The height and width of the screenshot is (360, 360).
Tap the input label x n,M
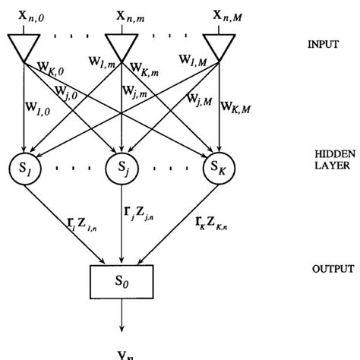220,13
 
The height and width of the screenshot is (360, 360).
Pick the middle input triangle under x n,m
122,47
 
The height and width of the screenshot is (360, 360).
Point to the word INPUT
324,45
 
